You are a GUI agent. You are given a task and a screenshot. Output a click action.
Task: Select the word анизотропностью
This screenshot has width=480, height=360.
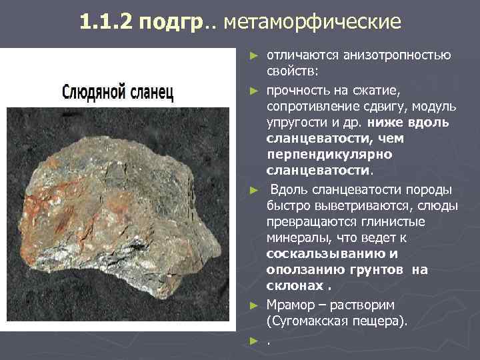(x=396, y=54)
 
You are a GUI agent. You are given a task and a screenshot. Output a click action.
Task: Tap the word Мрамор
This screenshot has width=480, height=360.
(x=293, y=305)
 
